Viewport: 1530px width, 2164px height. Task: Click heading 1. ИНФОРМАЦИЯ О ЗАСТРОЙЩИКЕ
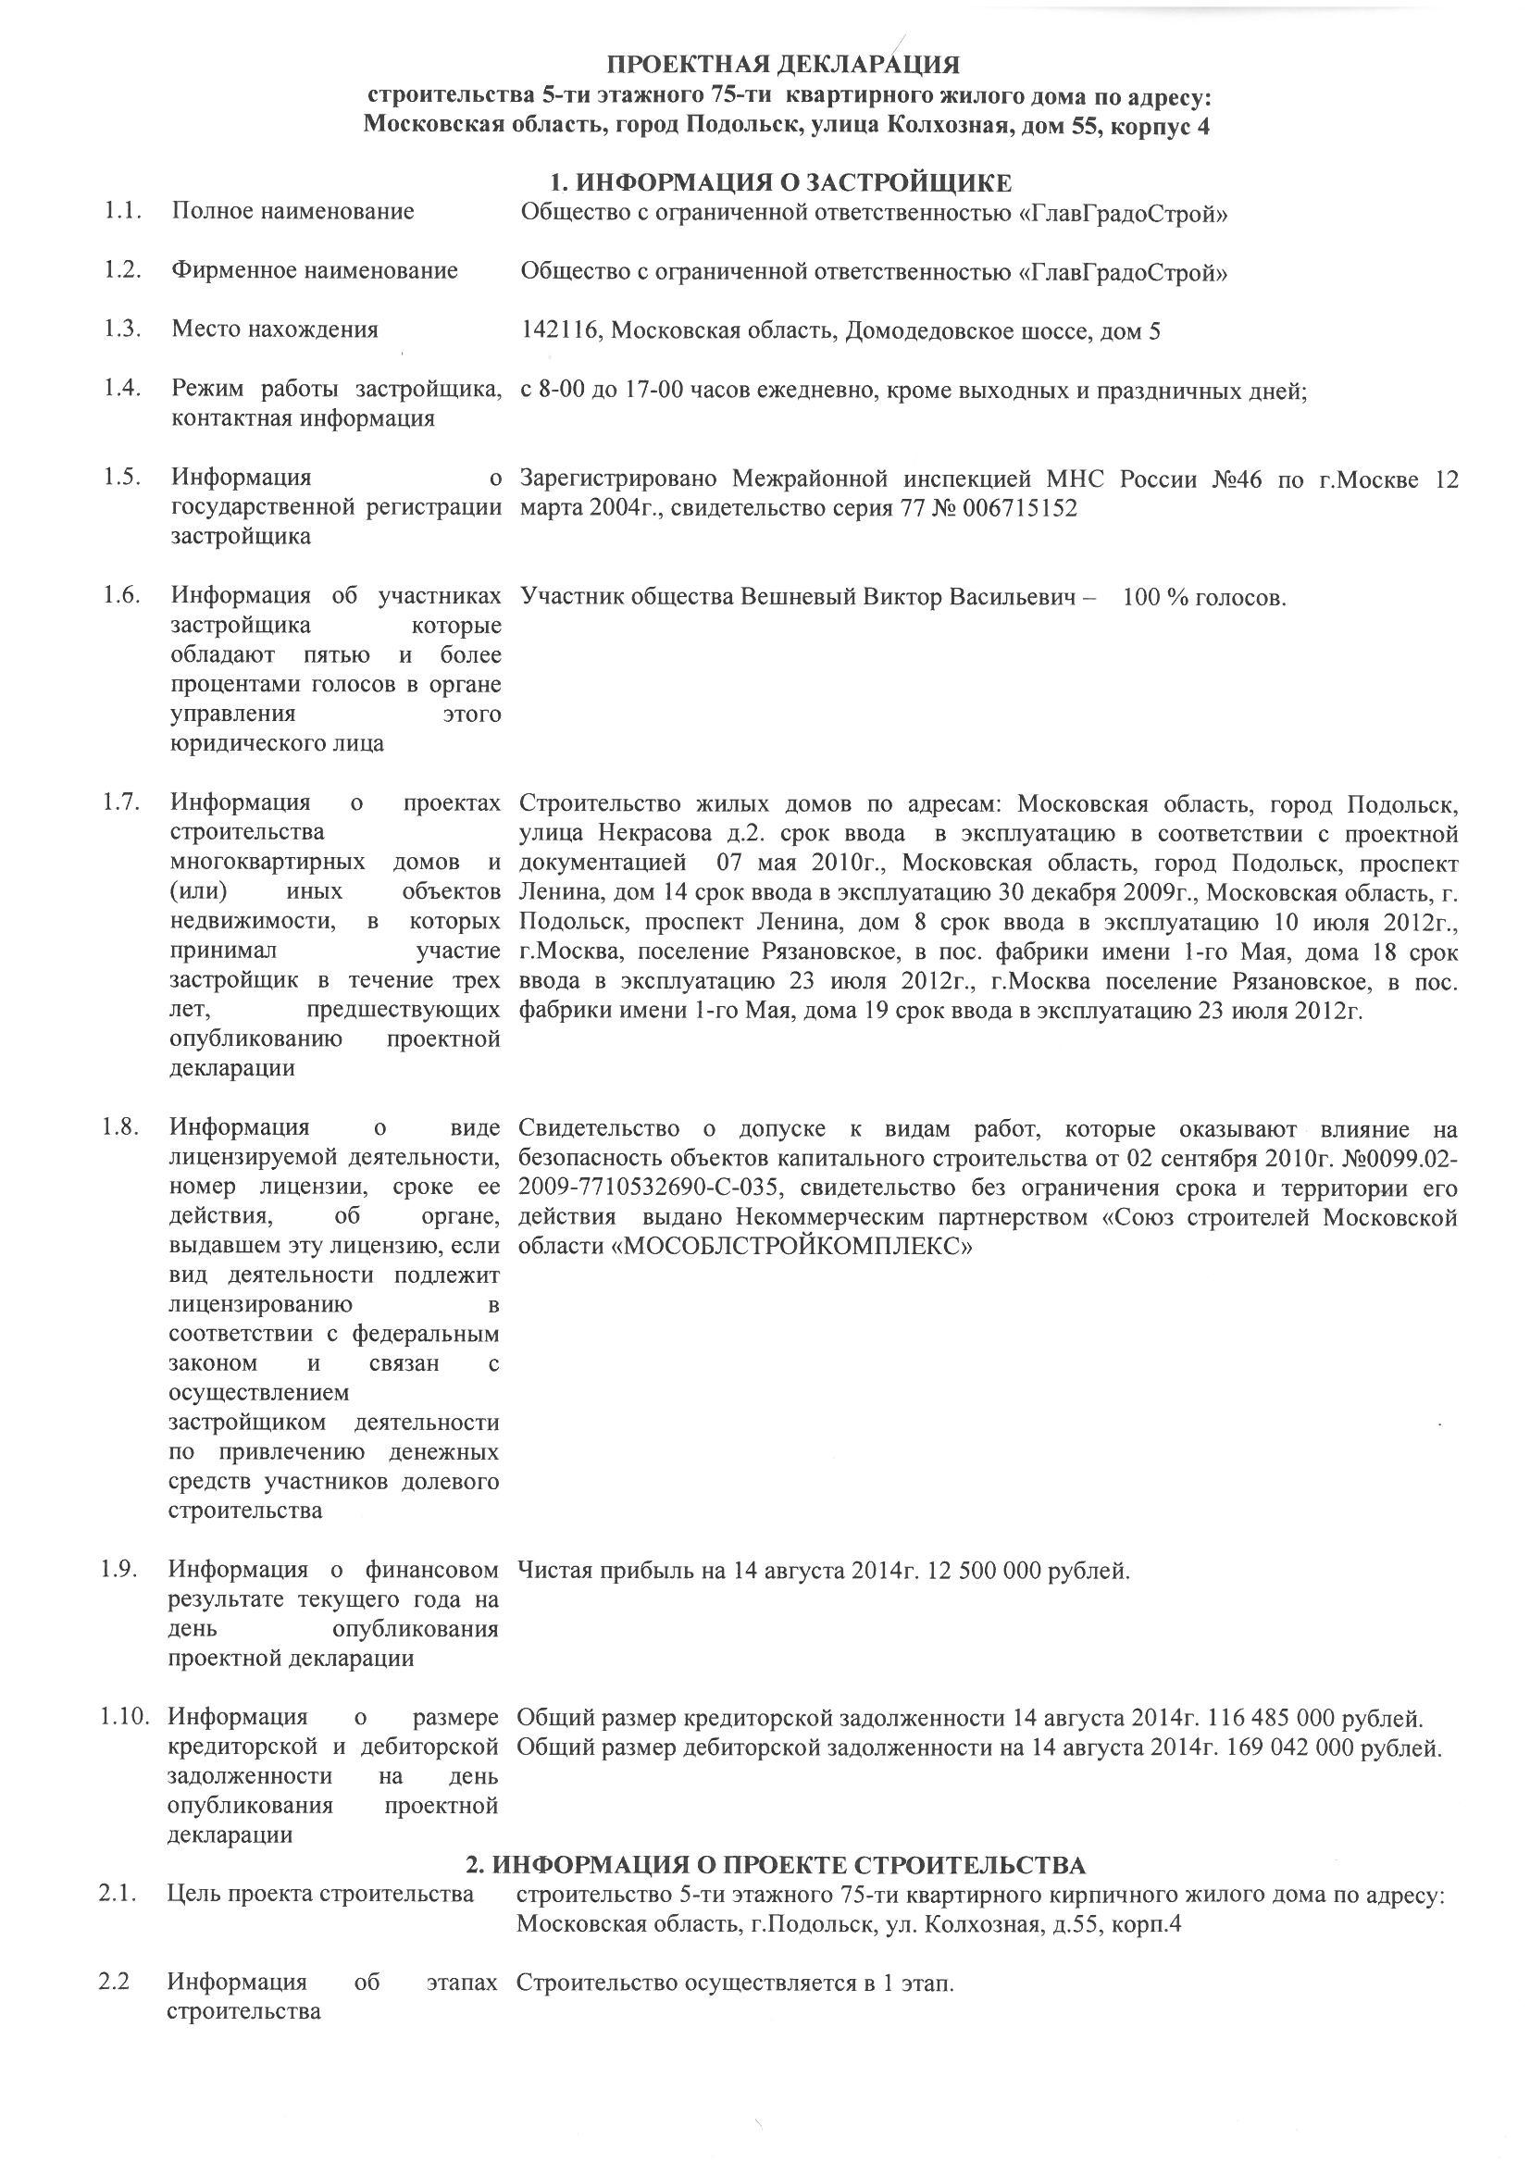(x=780, y=182)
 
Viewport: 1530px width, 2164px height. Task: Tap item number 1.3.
(x=122, y=329)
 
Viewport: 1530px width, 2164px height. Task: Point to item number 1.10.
(x=125, y=1717)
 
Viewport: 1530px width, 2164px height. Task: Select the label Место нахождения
(x=274, y=329)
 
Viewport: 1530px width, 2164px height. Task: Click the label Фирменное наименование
(x=314, y=270)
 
